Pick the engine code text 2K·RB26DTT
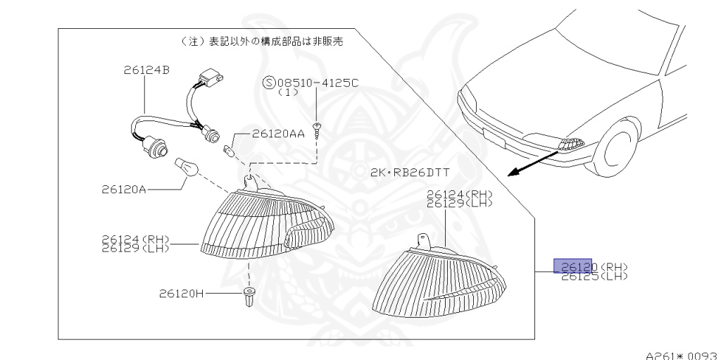coord(409,173)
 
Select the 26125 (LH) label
coord(594,276)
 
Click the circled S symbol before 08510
coord(268,82)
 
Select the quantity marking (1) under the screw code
coord(288,92)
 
